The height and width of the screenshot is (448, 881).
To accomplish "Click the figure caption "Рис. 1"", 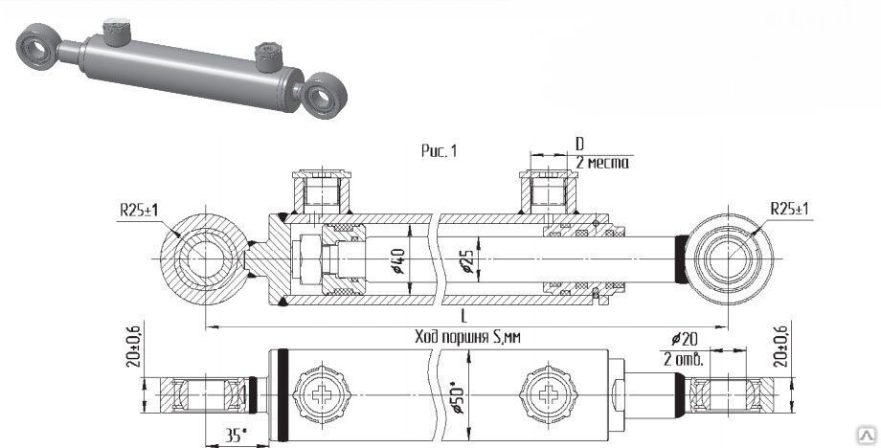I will [440, 150].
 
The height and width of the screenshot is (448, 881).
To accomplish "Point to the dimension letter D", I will [579, 144].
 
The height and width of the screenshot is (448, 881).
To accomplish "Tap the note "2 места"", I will [602, 164].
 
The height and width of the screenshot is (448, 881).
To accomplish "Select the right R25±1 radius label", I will [790, 208].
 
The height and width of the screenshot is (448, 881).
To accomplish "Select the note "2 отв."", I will [684, 360].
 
